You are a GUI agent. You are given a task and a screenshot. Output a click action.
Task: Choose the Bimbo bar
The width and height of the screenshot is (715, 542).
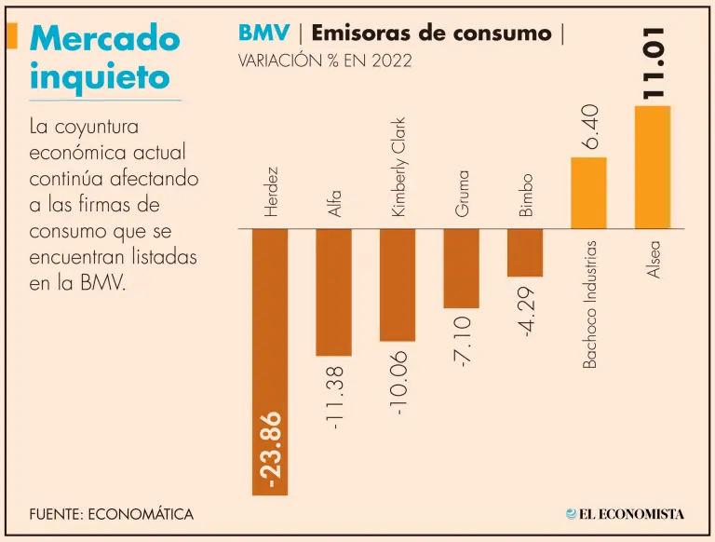tap(524, 252)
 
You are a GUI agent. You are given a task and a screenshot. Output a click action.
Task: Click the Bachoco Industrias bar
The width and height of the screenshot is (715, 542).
tap(588, 193)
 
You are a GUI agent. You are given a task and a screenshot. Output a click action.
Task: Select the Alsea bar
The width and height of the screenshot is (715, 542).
tap(653, 168)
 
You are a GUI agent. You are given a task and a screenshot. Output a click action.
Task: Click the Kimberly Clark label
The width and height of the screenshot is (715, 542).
tap(398, 167)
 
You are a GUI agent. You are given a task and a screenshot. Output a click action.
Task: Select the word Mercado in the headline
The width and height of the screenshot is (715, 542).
tap(104, 38)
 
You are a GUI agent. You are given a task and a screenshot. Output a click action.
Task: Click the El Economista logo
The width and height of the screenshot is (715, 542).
tap(625, 513)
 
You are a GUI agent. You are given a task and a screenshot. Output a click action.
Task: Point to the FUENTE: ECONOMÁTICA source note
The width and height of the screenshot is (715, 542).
tap(111, 513)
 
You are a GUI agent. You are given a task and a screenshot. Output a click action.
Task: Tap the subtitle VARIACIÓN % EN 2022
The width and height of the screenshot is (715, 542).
tap(325, 61)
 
